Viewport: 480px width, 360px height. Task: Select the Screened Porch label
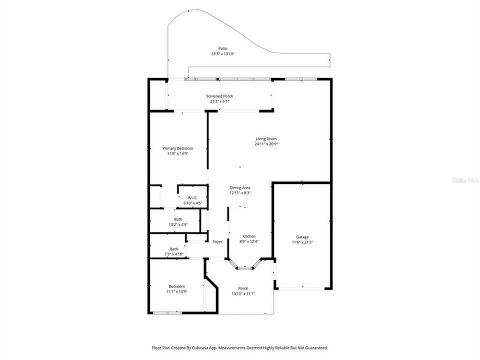tap(219, 96)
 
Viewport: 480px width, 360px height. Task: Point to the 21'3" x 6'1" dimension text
tap(219, 101)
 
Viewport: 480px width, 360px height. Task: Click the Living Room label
tap(266, 139)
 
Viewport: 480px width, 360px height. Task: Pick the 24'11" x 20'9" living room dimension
tap(266, 144)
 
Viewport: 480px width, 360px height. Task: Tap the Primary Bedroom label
tap(177, 148)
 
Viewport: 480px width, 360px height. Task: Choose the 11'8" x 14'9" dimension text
tap(177, 153)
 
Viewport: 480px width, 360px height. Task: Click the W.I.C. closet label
tap(192, 198)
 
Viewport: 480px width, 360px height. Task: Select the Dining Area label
tap(240, 187)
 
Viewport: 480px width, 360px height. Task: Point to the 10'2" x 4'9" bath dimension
tap(178, 224)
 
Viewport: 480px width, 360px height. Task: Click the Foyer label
tap(217, 241)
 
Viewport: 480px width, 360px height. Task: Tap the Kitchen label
tap(249, 236)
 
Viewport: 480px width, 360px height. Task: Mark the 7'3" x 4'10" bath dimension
tap(174, 254)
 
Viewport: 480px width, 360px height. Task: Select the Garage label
tap(302, 237)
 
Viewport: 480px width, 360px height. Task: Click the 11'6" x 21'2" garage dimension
tap(302, 242)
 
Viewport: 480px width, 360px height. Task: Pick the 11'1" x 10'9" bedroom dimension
tap(176, 291)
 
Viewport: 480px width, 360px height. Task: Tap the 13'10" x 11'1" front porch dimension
tap(243, 293)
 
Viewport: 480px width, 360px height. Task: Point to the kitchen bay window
tap(245, 268)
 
